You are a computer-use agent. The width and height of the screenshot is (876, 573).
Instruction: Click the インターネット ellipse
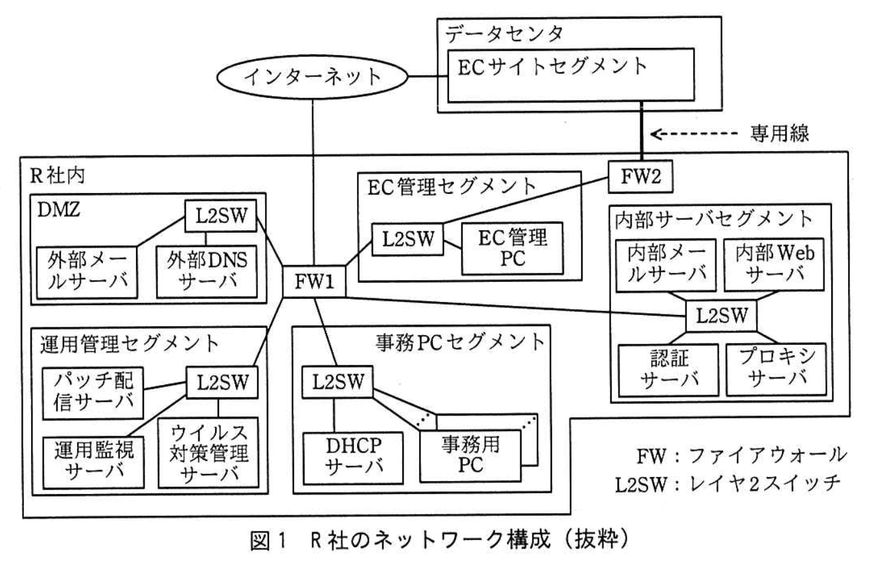click(x=312, y=76)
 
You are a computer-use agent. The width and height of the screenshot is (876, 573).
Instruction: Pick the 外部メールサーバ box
click(x=86, y=272)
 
